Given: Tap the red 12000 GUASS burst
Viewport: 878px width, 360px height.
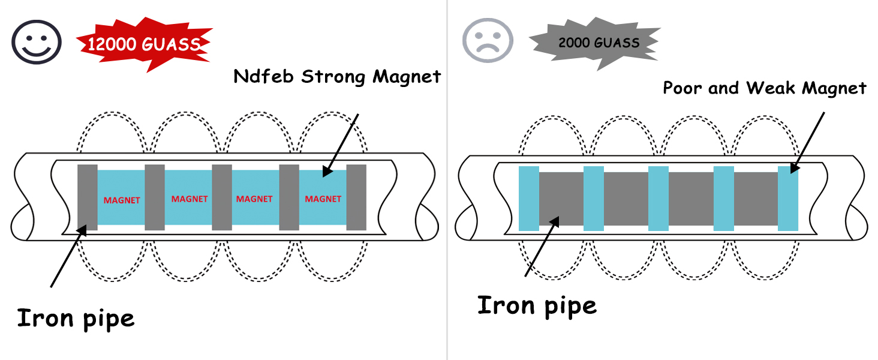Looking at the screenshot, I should pos(144,43).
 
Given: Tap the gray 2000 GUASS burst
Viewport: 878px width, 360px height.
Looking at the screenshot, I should pos(594,43).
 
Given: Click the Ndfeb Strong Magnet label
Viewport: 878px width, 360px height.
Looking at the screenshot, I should pos(337,77).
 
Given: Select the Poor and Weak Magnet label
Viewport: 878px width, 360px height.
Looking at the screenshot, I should pos(765,88).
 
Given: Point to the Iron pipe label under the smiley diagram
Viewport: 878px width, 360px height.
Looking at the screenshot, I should pos(76,317).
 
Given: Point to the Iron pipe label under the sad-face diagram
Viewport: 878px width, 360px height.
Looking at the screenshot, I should pos(537,305).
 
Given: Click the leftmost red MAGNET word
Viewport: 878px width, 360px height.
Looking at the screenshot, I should pos(122,200).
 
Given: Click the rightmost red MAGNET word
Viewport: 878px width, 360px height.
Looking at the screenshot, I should pos(323,199).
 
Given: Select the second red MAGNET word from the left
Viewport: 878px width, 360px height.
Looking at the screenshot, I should pos(190,199).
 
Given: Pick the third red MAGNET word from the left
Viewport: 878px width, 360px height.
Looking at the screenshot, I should pos(255,199).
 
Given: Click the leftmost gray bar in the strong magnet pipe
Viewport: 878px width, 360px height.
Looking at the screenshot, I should pos(88,197).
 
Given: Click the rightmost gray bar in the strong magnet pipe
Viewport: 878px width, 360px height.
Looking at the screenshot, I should pos(356,197).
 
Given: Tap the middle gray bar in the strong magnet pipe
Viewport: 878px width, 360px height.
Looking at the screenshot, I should pos(222,197).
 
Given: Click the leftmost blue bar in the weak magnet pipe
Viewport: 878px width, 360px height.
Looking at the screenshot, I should pos(528,199).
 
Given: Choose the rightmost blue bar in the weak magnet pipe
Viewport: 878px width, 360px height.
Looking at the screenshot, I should pos(788,199).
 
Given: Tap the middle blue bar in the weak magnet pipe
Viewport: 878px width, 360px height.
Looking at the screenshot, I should pos(659,199).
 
